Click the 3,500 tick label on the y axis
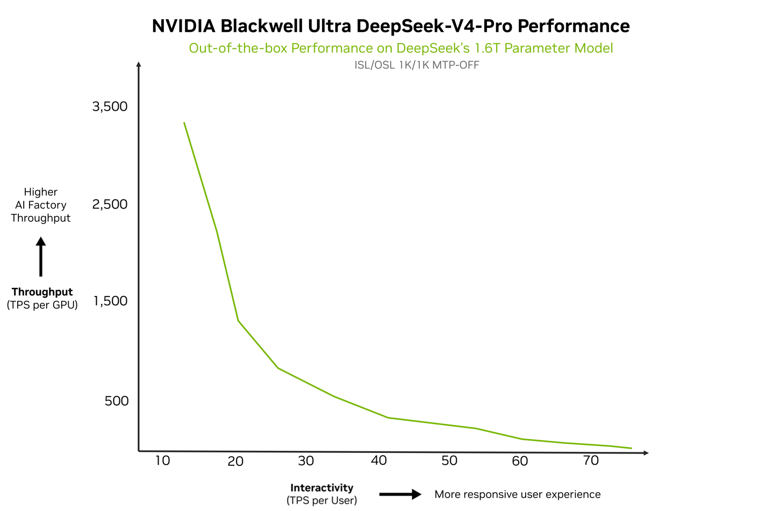[x=110, y=106]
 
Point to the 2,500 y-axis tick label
[x=110, y=204]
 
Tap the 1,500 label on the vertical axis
[x=111, y=301]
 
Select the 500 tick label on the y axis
[x=117, y=401]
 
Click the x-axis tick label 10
[x=162, y=460]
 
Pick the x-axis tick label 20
[x=235, y=461]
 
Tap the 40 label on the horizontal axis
[x=379, y=460]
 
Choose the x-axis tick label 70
[x=591, y=460]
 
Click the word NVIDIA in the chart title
[x=183, y=26]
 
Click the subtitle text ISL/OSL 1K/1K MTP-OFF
[x=417, y=65]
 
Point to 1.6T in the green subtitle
[x=487, y=48]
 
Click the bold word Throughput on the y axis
[x=42, y=292]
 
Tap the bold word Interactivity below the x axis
[x=321, y=488]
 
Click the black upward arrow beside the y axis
[x=41, y=257]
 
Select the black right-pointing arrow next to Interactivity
[x=400, y=494]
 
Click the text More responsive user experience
[x=517, y=494]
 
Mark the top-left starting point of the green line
[x=184, y=123]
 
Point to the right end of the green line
[x=631, y=448]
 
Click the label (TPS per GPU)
[x=42, y=305]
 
